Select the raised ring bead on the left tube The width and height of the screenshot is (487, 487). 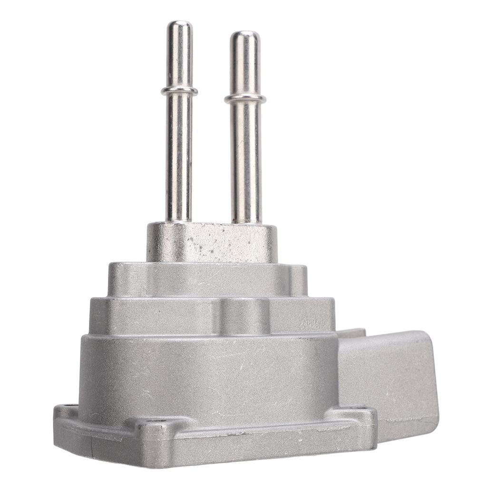[179, 90]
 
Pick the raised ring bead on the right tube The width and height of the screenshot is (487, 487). [245, 98]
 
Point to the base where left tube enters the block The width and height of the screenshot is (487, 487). [178, 220]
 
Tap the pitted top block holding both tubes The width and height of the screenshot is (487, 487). [212, 243]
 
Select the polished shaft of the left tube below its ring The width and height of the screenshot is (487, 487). [179, 157]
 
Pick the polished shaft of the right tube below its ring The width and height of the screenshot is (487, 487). [246, 162]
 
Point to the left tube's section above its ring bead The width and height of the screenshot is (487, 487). [180, 57]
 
